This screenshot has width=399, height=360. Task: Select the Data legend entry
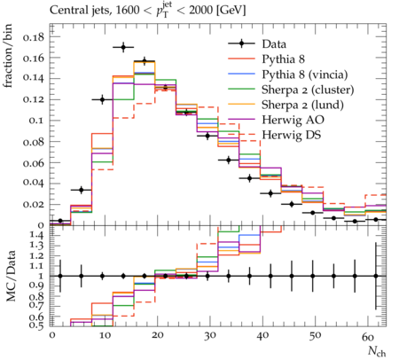[274, 44]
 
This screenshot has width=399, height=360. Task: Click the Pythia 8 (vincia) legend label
[305, 74]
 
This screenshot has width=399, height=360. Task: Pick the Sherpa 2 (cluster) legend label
[308, 90]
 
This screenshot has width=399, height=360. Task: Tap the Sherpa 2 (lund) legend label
[302, 105]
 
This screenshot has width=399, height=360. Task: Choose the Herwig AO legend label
[293, 120]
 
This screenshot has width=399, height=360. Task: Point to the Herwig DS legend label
[292, 135]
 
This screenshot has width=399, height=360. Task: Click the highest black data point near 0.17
[123, 47]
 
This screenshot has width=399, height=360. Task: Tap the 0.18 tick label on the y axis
[34, 37]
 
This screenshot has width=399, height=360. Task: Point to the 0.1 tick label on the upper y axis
[36, 121]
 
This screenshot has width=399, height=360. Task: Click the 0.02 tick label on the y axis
[34, 204]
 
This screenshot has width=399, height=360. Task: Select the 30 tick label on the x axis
[210, 336]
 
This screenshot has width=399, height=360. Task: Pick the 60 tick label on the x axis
[368, 336]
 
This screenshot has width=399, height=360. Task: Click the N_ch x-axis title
[377, 351]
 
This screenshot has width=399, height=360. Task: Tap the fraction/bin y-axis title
[8, 56]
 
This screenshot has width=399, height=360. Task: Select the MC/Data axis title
[11, 276]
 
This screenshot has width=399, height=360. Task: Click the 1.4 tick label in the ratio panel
[36, 235]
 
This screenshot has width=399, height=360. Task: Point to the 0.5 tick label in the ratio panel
[36, 325]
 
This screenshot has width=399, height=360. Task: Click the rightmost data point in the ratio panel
[376, 276]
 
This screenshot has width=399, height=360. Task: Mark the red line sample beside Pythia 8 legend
[241, 59]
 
